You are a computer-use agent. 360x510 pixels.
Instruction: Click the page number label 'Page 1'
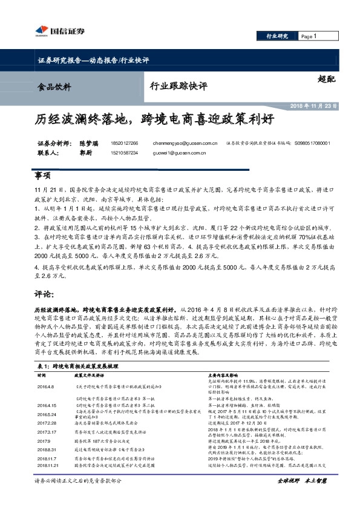308,36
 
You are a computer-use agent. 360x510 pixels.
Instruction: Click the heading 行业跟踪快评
182,85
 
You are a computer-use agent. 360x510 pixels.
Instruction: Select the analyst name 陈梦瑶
88,144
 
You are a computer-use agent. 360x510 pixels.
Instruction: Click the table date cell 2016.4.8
45,385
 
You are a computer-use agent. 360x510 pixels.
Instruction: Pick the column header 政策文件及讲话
91,375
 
